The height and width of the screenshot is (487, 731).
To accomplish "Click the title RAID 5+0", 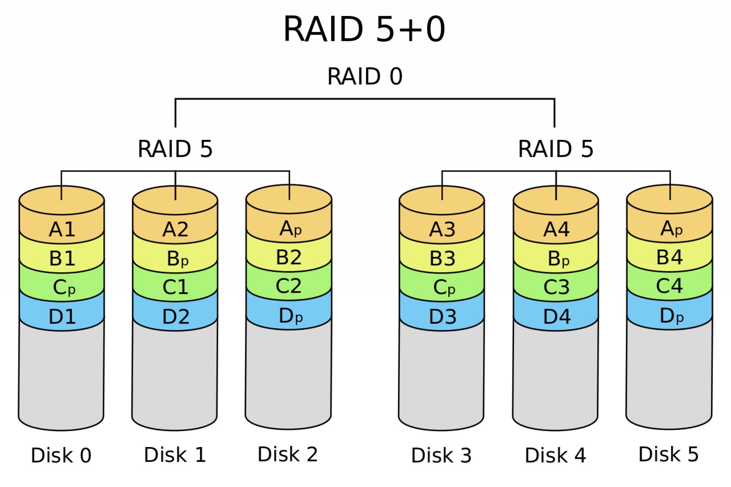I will click(x=364, y=29).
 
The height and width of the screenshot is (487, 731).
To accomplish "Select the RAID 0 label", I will click(x=365, y=76).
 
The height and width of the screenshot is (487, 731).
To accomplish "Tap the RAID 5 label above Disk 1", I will click(x=175, y=149).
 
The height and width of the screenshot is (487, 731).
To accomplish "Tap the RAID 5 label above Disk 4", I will click(x=555, y=149).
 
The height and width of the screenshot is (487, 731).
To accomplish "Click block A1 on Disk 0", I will click(x=62, y=229).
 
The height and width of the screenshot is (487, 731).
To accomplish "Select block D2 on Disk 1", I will click(x=176, y=316).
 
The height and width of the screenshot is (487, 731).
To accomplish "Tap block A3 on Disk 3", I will click(x=442, y=229).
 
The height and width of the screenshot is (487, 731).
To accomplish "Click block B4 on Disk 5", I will click(x=669, y=257).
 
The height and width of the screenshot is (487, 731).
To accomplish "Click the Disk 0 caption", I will click(x=61, y=455).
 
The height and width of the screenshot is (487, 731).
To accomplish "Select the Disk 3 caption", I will click(x=441, y=455).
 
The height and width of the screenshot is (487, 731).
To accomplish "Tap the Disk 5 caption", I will click(x=668, y=454).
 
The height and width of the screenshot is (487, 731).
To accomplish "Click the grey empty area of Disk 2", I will click(x=288, y=375).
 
